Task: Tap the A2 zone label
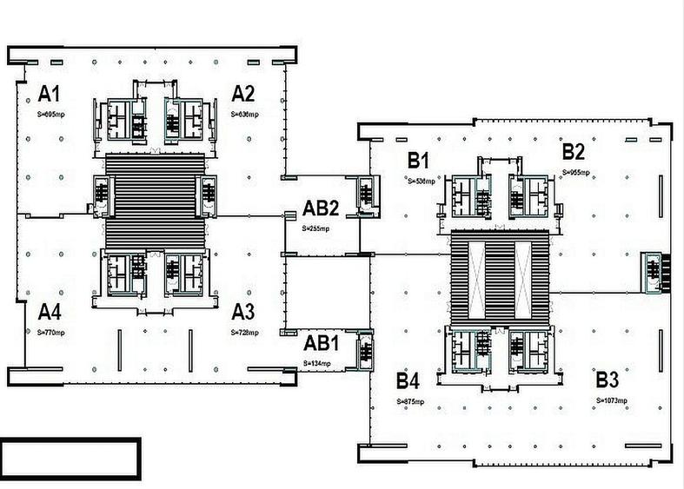242,94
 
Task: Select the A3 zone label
242,312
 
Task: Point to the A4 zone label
48,312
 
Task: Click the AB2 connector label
320,208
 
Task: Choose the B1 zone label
419,161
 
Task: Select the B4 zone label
408,380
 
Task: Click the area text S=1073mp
612,400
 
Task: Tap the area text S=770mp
50,333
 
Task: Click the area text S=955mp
576,173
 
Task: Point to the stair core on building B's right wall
652,271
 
